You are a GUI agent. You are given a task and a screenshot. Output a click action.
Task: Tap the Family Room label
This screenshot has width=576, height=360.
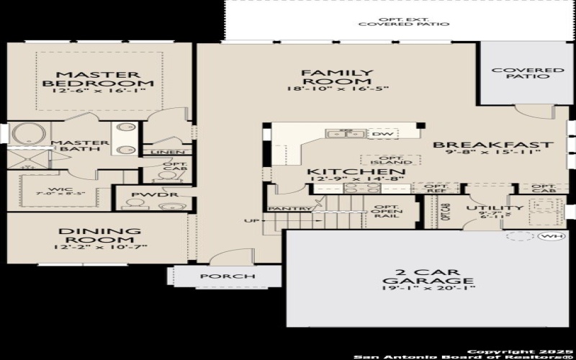(338, 73)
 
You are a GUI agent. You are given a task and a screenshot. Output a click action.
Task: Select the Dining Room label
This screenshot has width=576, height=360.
(99, 235)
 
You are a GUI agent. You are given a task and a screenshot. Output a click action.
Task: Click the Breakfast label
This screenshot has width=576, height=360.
(492, 145)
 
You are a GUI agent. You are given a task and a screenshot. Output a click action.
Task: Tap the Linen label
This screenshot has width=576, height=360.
(166, 152)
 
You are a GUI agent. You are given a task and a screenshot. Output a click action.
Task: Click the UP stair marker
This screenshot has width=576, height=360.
(251, 220)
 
